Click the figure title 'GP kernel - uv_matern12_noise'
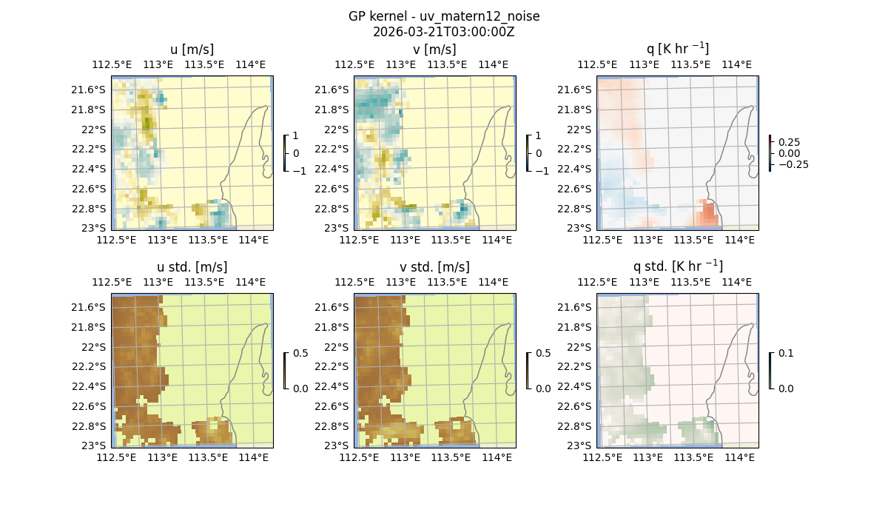[443, 16]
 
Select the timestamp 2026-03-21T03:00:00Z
[443, 31]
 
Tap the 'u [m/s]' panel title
[192, 50]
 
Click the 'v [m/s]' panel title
[434, 50]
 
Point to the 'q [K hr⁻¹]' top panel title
[677, 50]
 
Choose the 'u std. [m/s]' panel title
[192, 267]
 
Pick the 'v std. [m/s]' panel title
[434, 267]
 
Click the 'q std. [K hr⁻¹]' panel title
[677, 267]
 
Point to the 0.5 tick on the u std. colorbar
[300, 354]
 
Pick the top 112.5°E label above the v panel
[350, 64]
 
